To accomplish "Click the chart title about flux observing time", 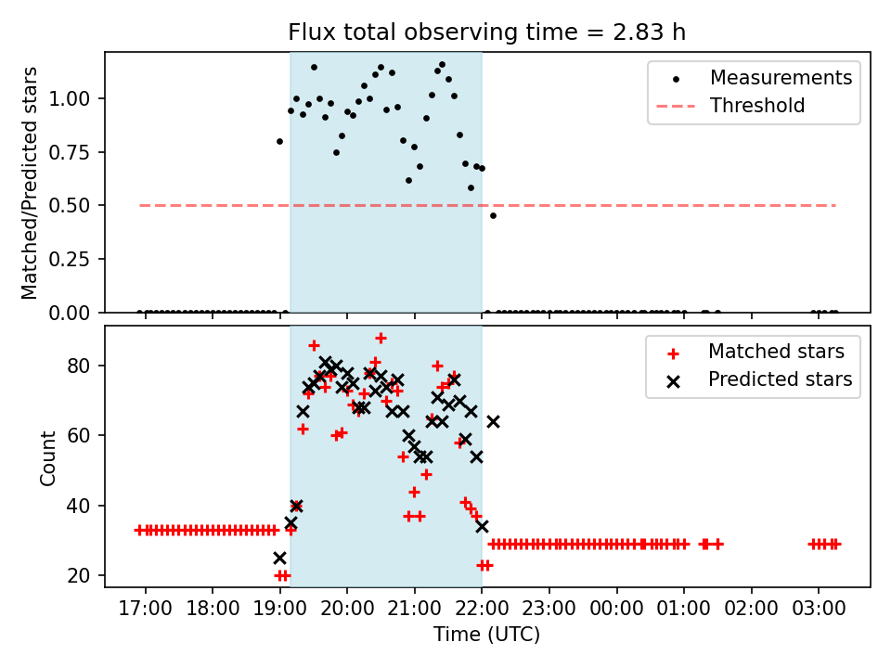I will point(487,32).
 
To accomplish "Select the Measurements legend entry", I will point(781,78).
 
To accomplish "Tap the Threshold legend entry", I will point(757,106).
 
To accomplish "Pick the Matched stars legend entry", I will point(776,352).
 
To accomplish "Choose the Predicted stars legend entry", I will point(780,379).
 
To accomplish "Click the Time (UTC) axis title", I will point(487,635).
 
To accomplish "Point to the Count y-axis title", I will point(47,457).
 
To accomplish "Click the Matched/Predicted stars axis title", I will point(31,183).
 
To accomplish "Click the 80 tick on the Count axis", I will point(85,366).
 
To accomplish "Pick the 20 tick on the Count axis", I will point(85,576).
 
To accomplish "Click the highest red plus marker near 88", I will point(381,338).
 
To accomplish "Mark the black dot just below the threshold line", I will point(493,215).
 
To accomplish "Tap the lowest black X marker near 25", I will point(279,558).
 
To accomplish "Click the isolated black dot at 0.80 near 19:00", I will point(279,141).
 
